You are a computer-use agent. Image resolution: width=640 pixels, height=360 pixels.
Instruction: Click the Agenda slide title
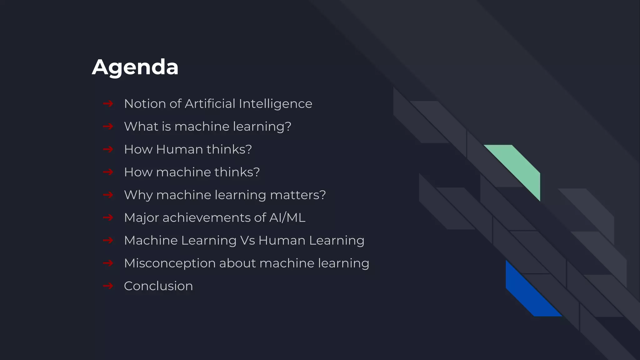(x=135, y=67)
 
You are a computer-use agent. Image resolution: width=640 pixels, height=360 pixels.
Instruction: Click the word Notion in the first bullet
(x=145, y=104)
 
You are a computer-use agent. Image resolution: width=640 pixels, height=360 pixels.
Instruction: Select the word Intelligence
(x=275, y=104)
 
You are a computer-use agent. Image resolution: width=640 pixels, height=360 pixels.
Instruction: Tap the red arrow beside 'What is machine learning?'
(x=108, y=127)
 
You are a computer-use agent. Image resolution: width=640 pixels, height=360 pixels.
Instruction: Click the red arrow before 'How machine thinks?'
(x=108, y=172)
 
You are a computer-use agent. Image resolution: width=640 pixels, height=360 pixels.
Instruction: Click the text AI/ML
(x=287, y=218)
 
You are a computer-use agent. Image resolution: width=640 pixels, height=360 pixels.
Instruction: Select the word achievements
(x=206, y=218)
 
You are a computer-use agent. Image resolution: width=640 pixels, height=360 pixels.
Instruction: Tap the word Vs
(x=247, y=241)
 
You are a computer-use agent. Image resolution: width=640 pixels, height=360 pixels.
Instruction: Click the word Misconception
(x=169, y=263)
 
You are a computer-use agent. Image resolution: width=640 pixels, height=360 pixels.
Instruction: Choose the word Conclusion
(x=158, y=286)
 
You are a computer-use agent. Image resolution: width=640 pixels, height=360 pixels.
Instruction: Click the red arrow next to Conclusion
(x=108, y=286)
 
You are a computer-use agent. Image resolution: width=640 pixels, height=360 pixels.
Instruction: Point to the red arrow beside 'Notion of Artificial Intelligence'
(x=108, y=104)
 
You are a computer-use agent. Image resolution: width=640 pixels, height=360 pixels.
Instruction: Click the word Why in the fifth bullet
(x=138, y=195)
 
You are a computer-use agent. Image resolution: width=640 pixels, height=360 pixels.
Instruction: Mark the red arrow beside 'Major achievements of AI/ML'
(x=108, y=217)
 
